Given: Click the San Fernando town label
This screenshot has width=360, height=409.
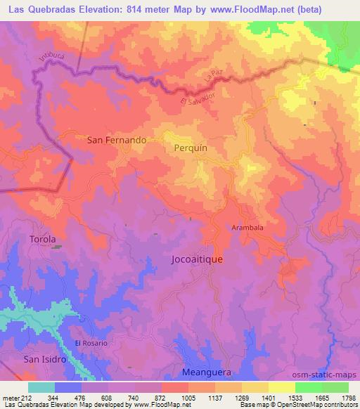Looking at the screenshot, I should coord(116,140).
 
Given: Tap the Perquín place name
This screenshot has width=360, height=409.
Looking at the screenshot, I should coord(190,149).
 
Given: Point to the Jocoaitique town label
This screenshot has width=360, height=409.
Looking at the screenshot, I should coord(197,259).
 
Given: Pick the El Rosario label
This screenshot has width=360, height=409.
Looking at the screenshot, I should coord(91,342).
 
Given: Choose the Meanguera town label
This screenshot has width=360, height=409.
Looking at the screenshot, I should coord(206,371).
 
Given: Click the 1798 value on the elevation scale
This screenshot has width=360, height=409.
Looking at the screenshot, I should coord(349,397).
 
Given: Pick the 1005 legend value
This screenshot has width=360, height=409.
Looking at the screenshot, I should coord(188,397).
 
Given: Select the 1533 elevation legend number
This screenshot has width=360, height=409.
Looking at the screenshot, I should coord(295,397).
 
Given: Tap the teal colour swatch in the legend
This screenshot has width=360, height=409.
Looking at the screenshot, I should coord(41,387).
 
